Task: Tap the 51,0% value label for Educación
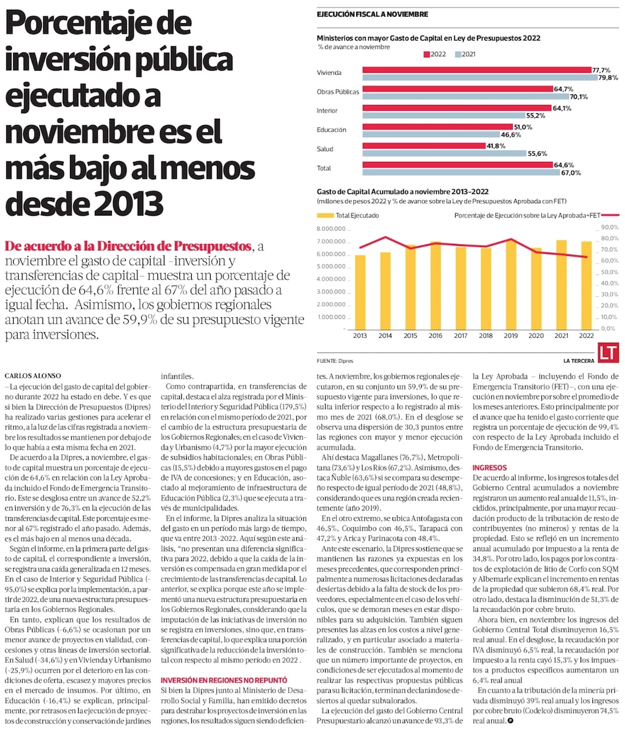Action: pos(522,127)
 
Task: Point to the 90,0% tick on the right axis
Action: pos(609,228)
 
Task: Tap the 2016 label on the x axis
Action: pos(436,336)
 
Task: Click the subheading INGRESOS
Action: pos(489,467)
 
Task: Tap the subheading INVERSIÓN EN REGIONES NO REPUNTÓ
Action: pos(224,679)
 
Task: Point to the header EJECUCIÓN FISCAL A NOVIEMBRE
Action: pos(372,14)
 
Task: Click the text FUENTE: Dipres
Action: pos(336,362)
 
